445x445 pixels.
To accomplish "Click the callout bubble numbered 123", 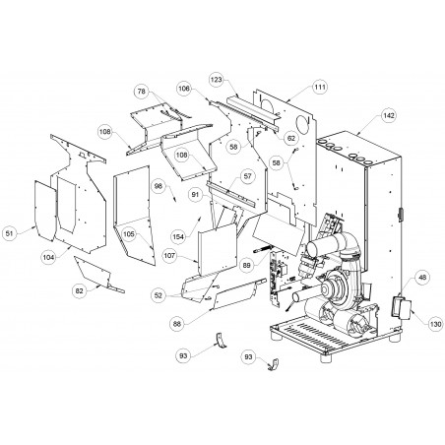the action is (x=217, y=80).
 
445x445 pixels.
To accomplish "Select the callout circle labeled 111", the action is (x=320, y=87).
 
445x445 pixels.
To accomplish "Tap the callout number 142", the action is (x=389, y=115).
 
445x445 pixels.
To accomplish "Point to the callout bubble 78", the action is (x=142, y=92).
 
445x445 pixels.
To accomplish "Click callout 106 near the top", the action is (x=184, y=89).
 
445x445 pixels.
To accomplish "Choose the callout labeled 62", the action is (x=291, y=139).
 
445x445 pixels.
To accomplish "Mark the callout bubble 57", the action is (x=247, y=176).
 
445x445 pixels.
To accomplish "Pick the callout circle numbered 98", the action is (x=159, y=186).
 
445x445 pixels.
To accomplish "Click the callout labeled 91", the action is (x=195, y=195).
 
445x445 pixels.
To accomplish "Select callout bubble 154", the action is (x=178, y=236).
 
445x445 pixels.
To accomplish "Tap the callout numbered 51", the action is (x=10, y=233).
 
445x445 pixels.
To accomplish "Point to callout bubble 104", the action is (x=48, y=258).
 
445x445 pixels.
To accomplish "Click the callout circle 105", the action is (x=129, y=234).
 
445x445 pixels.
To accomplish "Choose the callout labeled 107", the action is (x=169, y=256).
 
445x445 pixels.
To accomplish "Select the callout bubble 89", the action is (x=247, y=266).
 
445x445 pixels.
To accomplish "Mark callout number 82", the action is (x=80, y=290).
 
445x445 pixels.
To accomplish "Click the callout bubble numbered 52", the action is (x=159, y=295).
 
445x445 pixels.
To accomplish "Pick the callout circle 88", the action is (x=177, y=324).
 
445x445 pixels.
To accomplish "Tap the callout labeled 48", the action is (x=422, y=278).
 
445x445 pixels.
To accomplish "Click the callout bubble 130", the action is (x=435, y=324).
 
